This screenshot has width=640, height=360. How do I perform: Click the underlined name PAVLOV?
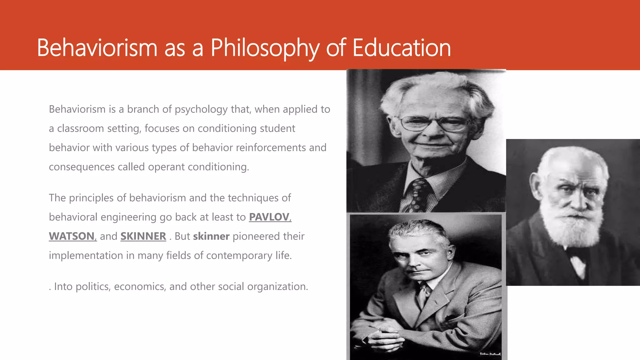pyautogui.click(x=269, y=217)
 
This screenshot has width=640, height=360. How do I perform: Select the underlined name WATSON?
pyautogui.click(x=72, y=236)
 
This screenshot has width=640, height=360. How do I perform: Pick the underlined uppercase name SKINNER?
pyautogui.click(x=143, y=236)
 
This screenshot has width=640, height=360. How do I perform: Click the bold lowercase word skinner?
pyautogui.click(x=211, y=236)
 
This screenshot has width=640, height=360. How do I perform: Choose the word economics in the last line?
pyautogui.click(x=140, y=287)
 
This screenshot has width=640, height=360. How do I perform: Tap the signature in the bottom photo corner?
pyautogui.click(x=490, y=354)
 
